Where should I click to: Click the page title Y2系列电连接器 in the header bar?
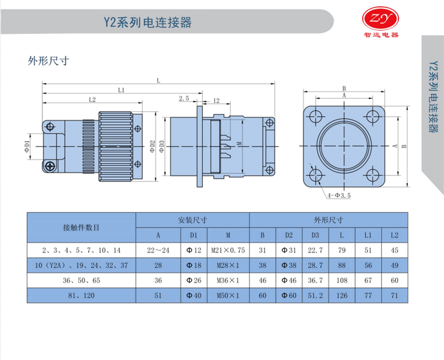(147, 22)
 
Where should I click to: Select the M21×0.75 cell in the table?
(228, 250)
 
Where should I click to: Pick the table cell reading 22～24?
(158, 250)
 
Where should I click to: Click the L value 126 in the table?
(342, 295)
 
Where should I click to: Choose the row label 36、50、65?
(81, 280)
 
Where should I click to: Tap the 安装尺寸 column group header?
(193, 219)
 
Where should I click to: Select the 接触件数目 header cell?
(81, 227)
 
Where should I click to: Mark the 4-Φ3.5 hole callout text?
(339, 196)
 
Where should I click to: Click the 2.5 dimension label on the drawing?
(185, 98)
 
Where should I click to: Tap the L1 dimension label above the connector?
(121, 90)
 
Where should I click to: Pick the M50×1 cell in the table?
(228, 295)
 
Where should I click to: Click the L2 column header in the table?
(394, 235)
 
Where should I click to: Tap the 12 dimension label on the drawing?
(217, 101)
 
